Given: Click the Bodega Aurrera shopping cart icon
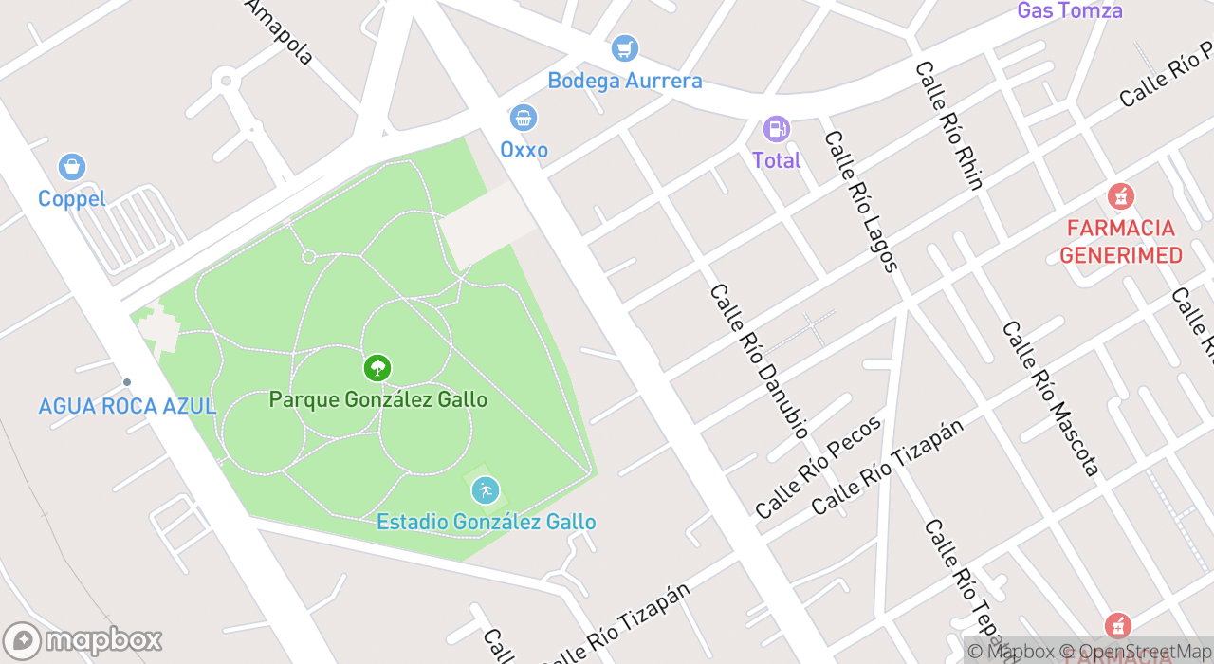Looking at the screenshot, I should click(624, 48).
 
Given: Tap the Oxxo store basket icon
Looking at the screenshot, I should click(523, 119).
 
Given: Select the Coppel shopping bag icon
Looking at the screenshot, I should click(71, 168).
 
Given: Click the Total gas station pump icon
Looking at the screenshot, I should click(776, 129).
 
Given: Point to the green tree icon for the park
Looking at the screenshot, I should click(377, 368).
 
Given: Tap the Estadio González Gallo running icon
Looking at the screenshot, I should click(485, 490).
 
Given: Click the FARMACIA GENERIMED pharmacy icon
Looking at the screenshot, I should click(1120, 197).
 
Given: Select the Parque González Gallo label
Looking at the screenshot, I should click(377, 399).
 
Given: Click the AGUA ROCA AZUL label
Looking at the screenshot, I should click(126, 406).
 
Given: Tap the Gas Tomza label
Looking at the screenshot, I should click(1069, 11).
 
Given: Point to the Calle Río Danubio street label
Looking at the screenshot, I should click(758, 361).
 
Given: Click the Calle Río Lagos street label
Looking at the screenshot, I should click(860, 200).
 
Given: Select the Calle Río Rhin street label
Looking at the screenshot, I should click(948, 125).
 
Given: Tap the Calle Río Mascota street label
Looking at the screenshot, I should click(1050, 398).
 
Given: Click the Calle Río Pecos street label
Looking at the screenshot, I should click(819, 467).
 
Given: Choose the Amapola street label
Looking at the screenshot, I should click(279, 32).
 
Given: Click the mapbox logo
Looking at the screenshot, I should click(83, 640).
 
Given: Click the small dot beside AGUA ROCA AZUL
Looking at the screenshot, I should click(127, 382).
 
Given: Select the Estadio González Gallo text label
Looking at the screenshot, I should click(486, 522).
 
